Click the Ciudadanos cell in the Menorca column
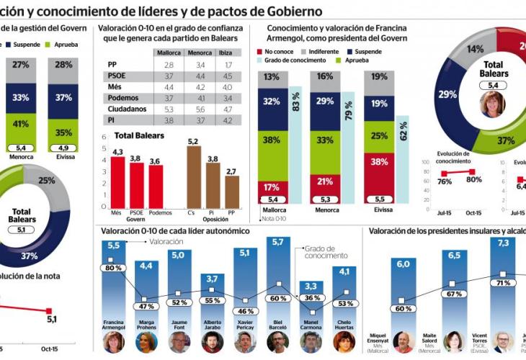199,109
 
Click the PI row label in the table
112,120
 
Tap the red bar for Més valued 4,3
117,182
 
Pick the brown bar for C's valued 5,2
193,177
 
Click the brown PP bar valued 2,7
231,192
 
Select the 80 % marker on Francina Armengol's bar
112,268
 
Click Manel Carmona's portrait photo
311,341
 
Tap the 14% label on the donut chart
476,49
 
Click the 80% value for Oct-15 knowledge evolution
474,180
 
